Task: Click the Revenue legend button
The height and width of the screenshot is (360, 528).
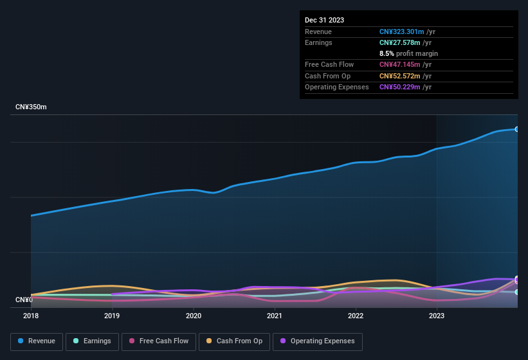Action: (37, 341)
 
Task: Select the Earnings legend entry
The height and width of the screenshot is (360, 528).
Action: (91, 341)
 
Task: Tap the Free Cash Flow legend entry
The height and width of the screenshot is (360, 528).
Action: (158, 341)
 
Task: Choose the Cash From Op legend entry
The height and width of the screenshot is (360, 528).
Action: (233, 341)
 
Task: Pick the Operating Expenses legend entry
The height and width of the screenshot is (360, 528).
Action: (317, 341)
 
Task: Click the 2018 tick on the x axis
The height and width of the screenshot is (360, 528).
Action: (31, 316)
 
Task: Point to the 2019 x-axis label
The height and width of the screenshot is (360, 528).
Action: (112, 316)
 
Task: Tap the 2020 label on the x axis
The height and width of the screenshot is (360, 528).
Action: (193, 316)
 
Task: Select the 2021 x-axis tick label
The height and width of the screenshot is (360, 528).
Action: (275, 316)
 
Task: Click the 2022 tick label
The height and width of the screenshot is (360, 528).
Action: (356, 316)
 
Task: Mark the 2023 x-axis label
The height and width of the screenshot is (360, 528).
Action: (437, 316)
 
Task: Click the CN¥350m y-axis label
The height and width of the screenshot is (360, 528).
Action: (31, 107)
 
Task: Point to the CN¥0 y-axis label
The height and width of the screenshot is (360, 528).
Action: (24, 300)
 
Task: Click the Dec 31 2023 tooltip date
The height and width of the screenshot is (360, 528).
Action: (324, 20)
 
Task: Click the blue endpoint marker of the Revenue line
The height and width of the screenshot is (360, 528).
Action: (516, 129)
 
